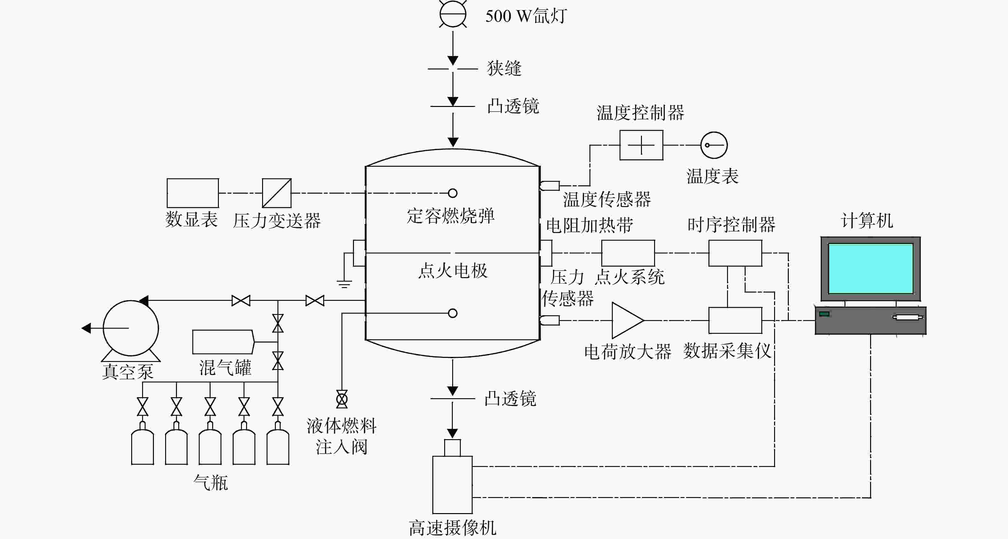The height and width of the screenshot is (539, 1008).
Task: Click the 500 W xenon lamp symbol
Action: click(x=453, y=14)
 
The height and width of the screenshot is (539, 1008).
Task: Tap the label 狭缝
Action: click(x=504, y=68)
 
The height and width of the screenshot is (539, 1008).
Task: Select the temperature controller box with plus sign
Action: click(x=641, y=145)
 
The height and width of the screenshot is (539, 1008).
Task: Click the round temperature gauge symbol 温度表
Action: click(x=714, y=145)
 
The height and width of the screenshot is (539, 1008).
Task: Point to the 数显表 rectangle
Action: click(x=193, y=193)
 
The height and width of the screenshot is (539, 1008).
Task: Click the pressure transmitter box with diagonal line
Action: click(x=277, y=193)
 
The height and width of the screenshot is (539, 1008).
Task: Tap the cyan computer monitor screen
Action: click(x=871, y=268)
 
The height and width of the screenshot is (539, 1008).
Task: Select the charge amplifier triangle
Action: click(x=627, y=320)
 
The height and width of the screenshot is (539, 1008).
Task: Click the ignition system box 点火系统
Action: click(x=628, y=253)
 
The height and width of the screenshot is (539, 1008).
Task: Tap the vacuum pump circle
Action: click(x=131, y=328)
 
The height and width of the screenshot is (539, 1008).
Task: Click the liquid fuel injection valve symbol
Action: click(x=342, y=399)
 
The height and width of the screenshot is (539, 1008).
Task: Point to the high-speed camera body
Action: click(x=452, y=485)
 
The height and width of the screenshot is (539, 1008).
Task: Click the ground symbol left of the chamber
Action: click(x=344, y=284)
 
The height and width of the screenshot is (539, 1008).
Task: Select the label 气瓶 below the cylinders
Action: click(x=211, y=482)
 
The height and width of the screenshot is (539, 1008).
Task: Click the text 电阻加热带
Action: click(x=589, y=225)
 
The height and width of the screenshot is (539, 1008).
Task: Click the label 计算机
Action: click(x=867, y=221)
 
